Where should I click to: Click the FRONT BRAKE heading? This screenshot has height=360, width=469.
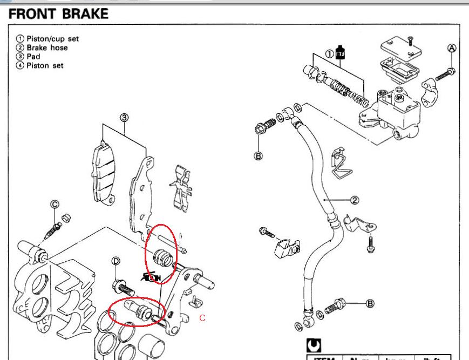58,15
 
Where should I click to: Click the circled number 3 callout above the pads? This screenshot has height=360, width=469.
123,117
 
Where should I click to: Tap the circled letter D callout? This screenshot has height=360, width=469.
115,262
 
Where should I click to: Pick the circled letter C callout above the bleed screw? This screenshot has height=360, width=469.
55,204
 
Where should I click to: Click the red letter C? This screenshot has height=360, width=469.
202,318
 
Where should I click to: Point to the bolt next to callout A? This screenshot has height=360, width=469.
444,75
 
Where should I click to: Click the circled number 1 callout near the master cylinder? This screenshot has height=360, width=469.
329,53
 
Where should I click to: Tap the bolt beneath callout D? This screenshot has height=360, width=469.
124,286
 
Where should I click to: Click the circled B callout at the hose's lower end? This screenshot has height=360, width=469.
370,303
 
